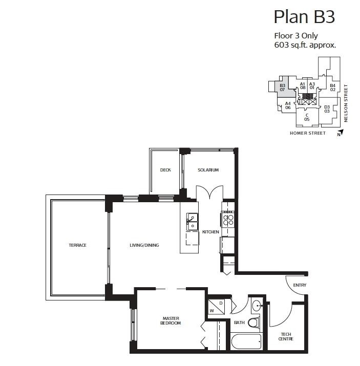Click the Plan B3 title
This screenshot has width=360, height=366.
click(x=304, y=16)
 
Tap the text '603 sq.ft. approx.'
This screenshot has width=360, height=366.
click(x=305, y=45)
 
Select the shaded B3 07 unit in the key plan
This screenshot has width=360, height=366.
click(x=282, y=88)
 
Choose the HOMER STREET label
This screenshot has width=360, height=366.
click(x=307, y=133)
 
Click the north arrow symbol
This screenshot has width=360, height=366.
click(x=340, y=134)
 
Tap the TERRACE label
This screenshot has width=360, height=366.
click(x=77, y=245)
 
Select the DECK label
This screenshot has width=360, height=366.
click(x=165, y=170)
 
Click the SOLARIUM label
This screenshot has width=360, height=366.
click(x=208, y=170)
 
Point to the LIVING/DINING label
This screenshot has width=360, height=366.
click(x=144, y=245)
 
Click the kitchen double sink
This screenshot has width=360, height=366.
click(x=192, y=222)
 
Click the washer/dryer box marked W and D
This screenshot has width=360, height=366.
click(x=216, y=307)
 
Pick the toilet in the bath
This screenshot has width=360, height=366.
click(x=253, y=322)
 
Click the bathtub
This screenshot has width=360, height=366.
click(x=246, y=341)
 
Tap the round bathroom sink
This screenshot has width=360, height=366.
click(x=257, y=306)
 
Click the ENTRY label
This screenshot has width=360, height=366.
click(x=299, y=285)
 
